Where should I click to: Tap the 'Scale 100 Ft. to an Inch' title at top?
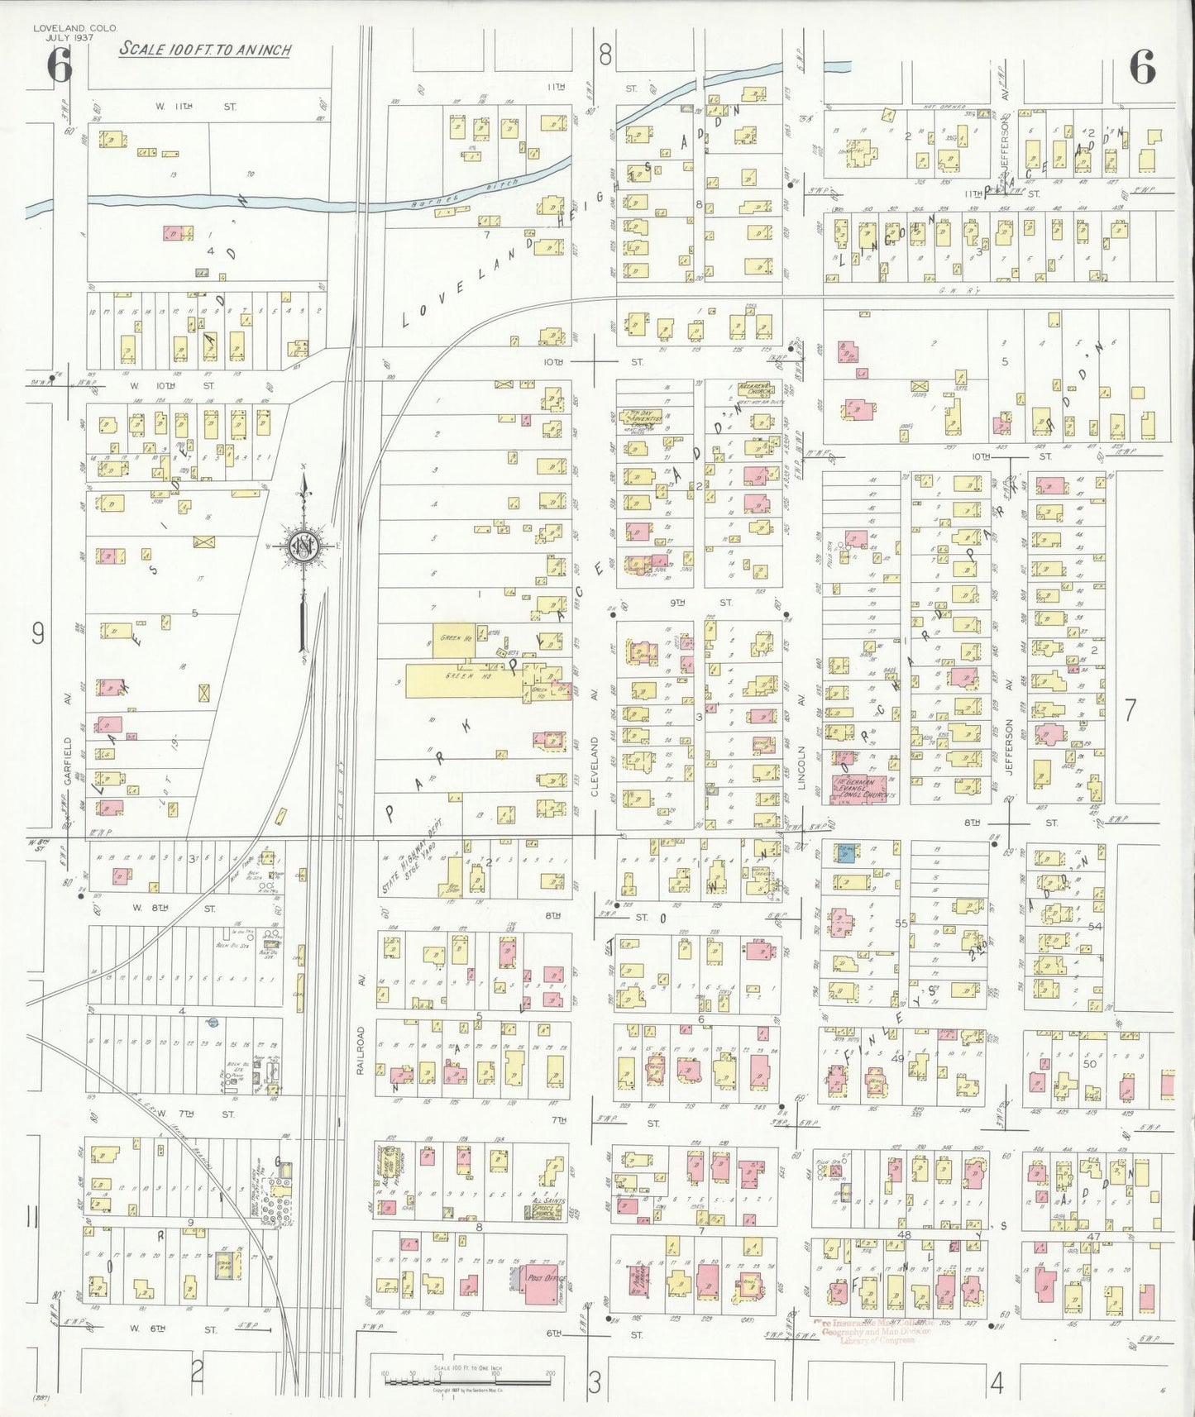[x=205, y=50]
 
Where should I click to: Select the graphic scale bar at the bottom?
[x=467, y=1376]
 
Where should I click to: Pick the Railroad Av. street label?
[x=361, y=1051]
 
